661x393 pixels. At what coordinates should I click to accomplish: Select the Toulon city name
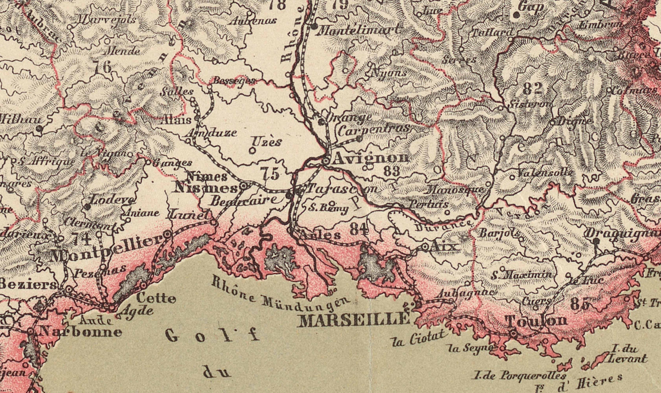(x=537, y=321)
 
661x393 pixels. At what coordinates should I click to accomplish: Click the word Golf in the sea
(x=212, y=337)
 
